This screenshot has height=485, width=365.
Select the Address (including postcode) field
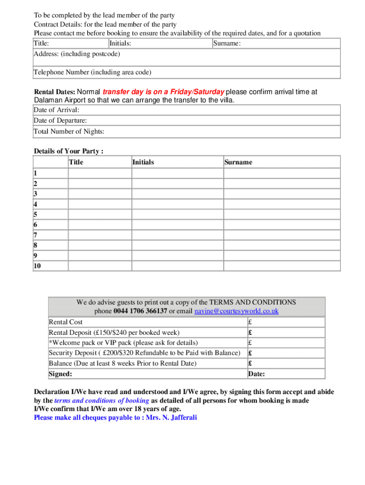(x=187, y=58)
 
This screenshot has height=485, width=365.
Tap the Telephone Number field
(x=187, y=72)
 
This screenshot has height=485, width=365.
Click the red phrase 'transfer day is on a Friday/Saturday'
(x=164, y=92)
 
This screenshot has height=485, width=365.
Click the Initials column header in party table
(x=143, y=162)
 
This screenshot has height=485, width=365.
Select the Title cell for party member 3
(x=100, y=193)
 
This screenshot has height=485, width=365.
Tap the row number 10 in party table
(x=37, y=266)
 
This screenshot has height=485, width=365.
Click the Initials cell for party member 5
(x=177, y=214)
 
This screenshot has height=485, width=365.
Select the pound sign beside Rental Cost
(x=250, y=322)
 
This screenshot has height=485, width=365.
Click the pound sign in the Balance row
(x=250, y=363)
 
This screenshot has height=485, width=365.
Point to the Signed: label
(x=61, y=374)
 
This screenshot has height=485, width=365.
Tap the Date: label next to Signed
(x=256, y=374)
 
